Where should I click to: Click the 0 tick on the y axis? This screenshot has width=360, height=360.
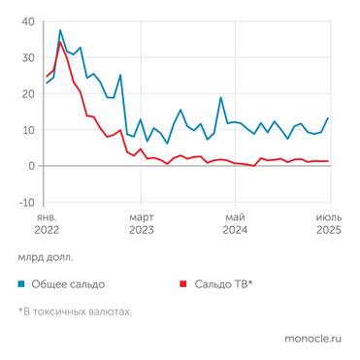coord(31,166)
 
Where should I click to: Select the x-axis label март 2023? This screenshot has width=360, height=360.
coord(142,223)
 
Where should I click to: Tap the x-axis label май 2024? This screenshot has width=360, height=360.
coord(235,223)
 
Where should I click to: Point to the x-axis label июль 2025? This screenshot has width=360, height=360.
coord(329,223)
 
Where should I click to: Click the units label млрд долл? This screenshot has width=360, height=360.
coord(45,258)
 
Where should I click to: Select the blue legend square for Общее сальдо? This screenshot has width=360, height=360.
coord(21,284)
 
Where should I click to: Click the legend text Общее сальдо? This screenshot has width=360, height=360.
coord(69,284)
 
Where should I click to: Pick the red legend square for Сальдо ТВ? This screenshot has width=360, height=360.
coord(181,284)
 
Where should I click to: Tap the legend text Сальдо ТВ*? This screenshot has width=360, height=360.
coord(223,284)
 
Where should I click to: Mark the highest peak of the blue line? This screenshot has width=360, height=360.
coord(60,30)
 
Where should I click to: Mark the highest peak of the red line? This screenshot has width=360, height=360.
coord(60,42)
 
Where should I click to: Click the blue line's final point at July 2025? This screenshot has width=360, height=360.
coord(328,118)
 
